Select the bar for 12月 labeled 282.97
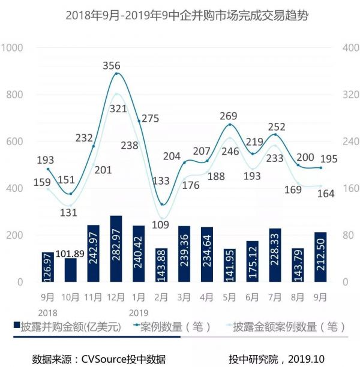(x=116, y=249)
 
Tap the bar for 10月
(x=71, y=270)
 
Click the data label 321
(x=119, y=109)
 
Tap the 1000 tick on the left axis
(x=13, y=48)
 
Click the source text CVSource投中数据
(x=120, y=359)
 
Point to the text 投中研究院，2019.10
(x=275, y=359)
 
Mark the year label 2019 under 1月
(x=139, y=312)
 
